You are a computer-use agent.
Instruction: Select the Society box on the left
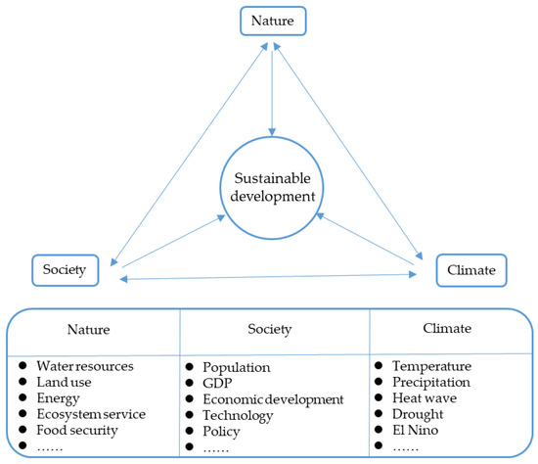click(64, 269)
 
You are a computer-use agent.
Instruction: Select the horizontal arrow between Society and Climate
click(269, 280)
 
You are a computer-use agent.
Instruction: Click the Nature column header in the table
click(94, 331)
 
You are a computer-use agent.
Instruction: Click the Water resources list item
click(84, 366)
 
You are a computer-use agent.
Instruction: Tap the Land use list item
click(65, 382)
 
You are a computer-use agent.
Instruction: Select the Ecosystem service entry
click(90, 414)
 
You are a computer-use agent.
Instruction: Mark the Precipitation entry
click(431, 382)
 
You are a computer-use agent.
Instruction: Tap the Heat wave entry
click(423, 398)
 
